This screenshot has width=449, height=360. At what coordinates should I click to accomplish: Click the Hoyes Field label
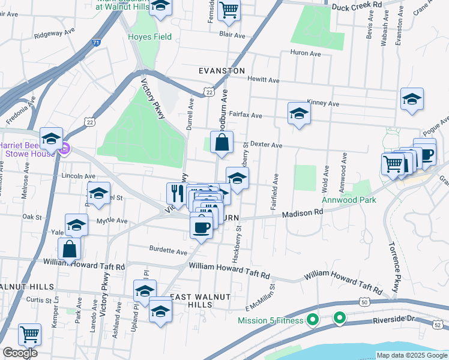[x=149, y=37]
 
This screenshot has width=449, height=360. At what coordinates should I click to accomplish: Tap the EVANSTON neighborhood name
[x=222, y=71]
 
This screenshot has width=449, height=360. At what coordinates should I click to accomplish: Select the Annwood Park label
[x=348, y=200]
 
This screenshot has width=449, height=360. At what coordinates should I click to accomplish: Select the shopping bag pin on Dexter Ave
[x=221, y=143]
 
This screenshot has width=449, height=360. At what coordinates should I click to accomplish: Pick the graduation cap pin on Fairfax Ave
[x=299, y=113]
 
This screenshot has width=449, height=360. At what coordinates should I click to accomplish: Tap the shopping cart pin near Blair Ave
[x=229, y=10]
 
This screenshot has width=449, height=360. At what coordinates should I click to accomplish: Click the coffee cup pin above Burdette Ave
[x=201, y=227]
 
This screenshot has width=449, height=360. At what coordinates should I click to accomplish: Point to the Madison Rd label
[x=303, y=212]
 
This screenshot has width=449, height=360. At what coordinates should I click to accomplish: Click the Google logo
[x=20, y=353]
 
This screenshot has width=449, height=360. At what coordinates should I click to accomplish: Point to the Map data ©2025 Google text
[x=411, y=355]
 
